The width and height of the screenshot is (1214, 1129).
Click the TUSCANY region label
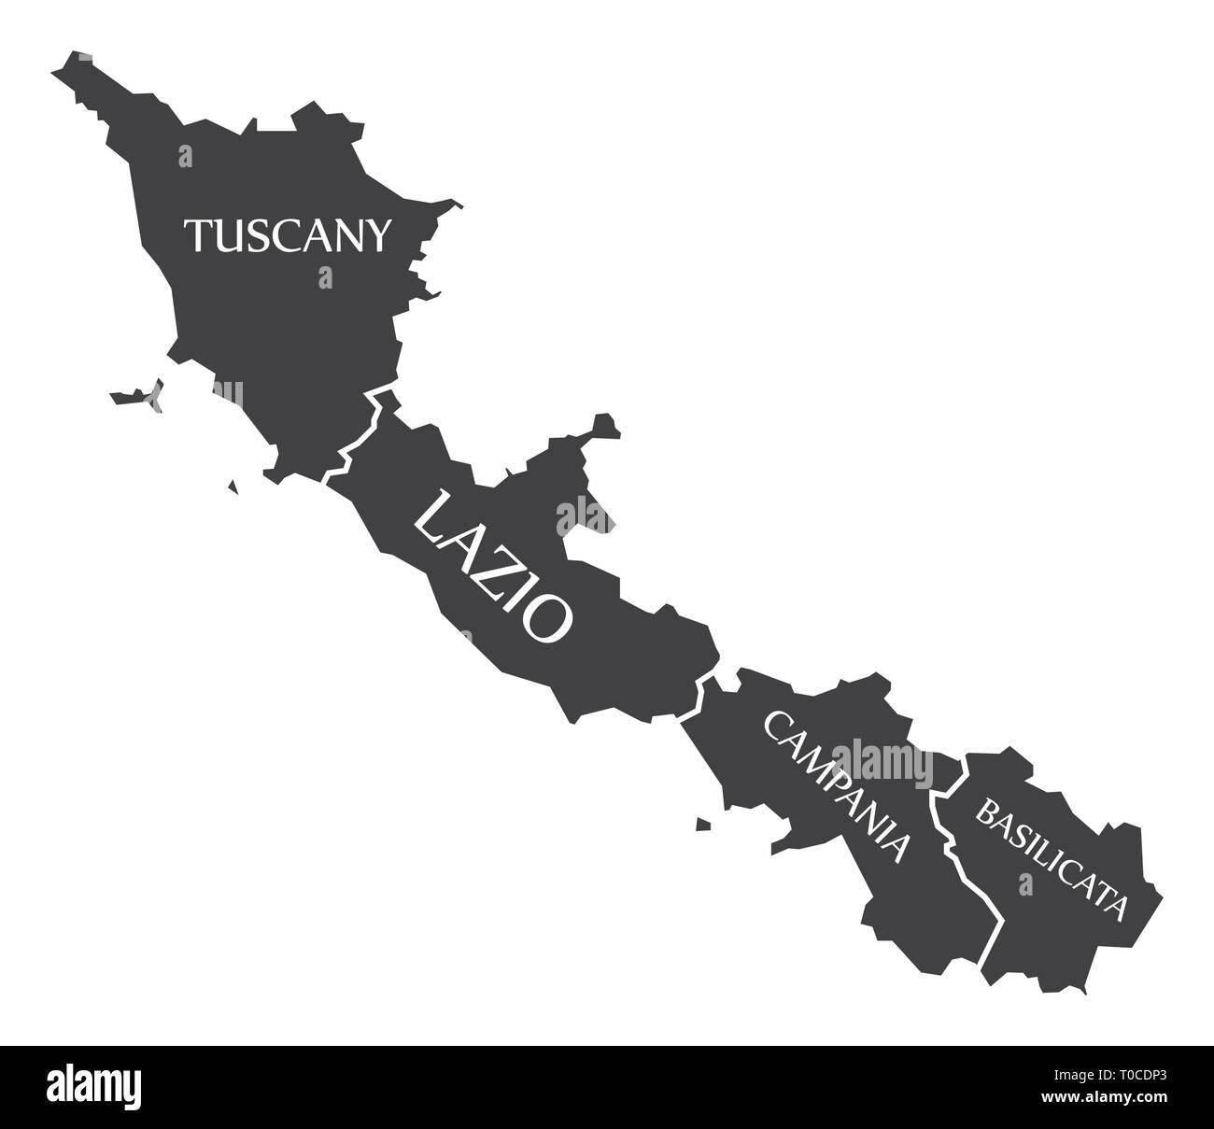pos(286,235)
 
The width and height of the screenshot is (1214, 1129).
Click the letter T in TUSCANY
pos(199,235)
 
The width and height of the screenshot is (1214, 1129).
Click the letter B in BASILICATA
pos(984,811)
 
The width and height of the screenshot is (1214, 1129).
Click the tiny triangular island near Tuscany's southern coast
pos(233,487)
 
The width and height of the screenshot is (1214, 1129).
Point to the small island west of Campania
pos(702,824)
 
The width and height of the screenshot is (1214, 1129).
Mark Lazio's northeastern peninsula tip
pos(606,421)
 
